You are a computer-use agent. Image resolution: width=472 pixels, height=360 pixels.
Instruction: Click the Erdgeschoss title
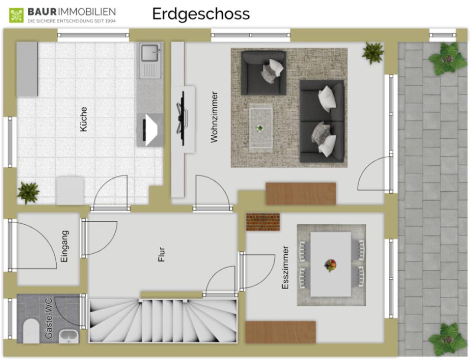201,14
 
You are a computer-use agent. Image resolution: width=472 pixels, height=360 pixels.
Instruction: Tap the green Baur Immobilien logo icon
16,15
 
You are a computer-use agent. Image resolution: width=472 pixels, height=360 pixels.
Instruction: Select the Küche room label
83,119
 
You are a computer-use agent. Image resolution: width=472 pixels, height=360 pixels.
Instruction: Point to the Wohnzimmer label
214,117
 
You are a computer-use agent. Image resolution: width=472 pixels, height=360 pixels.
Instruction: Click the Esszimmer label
285,268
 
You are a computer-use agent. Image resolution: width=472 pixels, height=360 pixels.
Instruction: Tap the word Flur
162,255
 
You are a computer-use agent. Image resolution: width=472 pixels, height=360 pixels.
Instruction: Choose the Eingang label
65,246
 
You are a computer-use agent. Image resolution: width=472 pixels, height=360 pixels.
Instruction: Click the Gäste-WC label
48,318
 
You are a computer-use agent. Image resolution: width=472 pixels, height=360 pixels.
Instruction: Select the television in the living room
182,118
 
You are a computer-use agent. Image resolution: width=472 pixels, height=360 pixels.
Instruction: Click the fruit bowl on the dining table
330,265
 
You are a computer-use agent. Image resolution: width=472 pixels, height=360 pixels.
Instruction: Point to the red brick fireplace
263,222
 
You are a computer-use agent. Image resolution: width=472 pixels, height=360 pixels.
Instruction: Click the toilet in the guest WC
31,331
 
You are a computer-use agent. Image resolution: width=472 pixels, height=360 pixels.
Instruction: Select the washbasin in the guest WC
69,337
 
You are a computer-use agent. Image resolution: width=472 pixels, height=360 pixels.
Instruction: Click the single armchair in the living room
264,72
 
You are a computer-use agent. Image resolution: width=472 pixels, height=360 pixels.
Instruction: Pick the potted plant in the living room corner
373,53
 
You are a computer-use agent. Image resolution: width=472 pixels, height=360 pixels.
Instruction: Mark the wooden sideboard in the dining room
280,332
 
